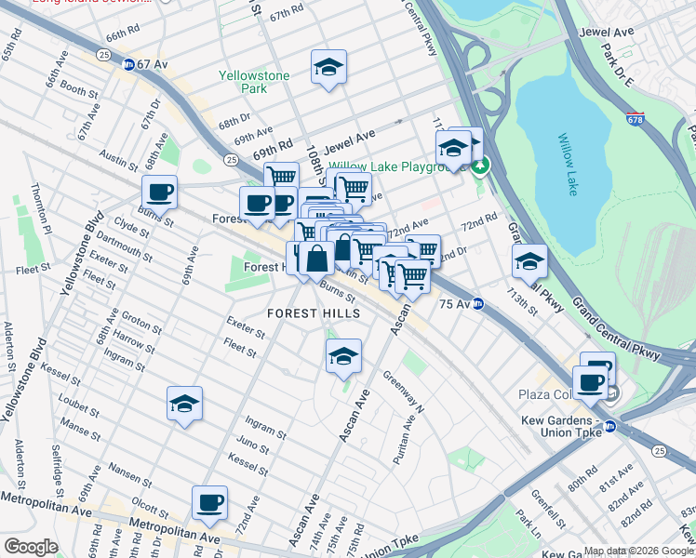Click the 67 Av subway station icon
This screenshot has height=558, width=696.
pyautogui.click(x=128, y=63)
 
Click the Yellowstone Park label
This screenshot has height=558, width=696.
pyautogui.click(x=254, y=82)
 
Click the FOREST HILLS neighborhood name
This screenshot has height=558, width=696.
pyautogui.click(x=314, y=313)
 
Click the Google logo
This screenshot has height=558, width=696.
pyautogui.click(x=31, y=547)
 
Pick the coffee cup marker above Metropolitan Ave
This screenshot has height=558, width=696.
pyautogui.click(x=209, y=503)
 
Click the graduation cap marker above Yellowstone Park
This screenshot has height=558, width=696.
pyautogui.click(x=328, y=67)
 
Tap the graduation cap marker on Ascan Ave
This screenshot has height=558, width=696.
pyautogui.click(x=343, y=355)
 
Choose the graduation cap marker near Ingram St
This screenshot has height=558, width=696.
pyautogui.click(x=185, y=404)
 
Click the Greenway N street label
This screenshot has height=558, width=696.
pyautogui.click(x=402, y=392)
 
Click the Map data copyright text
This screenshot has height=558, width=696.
pyautogui.click(x=636, y=551)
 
